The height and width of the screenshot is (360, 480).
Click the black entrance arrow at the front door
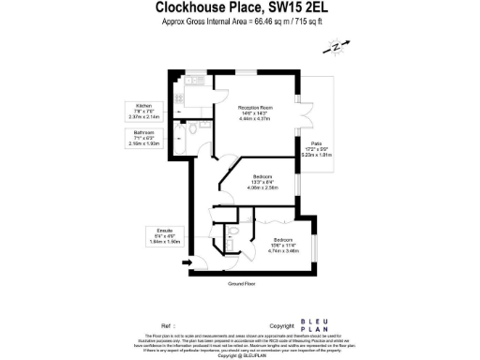coord(187,262)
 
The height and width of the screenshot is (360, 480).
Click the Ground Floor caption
coord(242,283)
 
